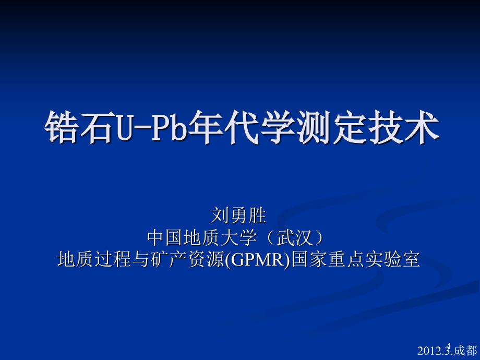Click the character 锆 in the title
coord(63,127)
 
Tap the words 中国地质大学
coord(202,237)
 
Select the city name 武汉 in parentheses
coord(294,237)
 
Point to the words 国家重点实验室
coord(355,259)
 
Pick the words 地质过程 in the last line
coord(94,259)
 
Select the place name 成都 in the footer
coord(465,351)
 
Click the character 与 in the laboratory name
coord(141,259)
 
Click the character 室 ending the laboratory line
coord(411,259)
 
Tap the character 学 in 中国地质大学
coord(248,237)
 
